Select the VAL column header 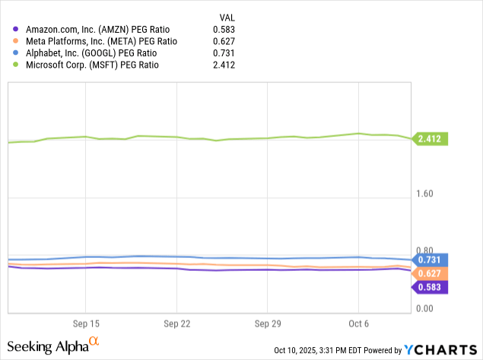click(226, 16)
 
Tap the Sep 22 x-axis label click(176, 323)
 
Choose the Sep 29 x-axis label click(266, 323)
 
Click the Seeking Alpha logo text click(52, 346)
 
